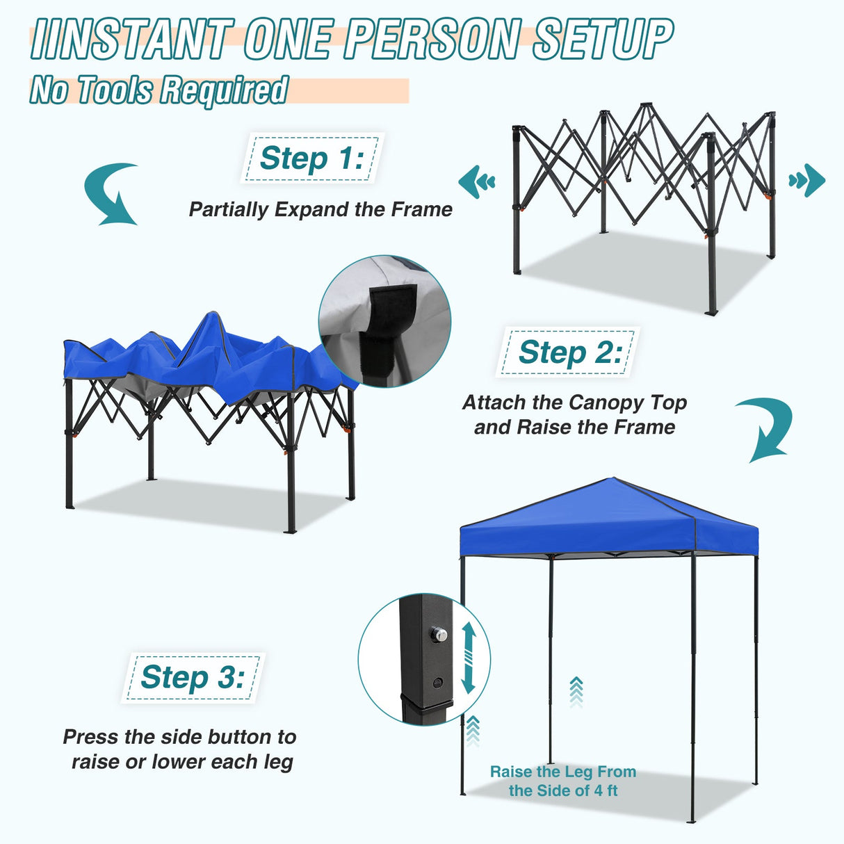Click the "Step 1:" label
coord(311,159)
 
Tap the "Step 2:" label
coord(569,352)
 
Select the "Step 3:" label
coord(193,677)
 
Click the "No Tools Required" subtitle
coord(159,90)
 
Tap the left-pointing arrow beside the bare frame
coord(476,181)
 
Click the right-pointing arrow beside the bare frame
coord(807,181)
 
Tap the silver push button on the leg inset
coord(438,634)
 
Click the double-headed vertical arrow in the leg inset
coord(468,658)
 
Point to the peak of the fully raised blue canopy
coord(612,479)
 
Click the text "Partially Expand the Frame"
coord(320,209)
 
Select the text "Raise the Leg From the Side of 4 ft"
coord(562,781)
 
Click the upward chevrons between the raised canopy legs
coord(576,691)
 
